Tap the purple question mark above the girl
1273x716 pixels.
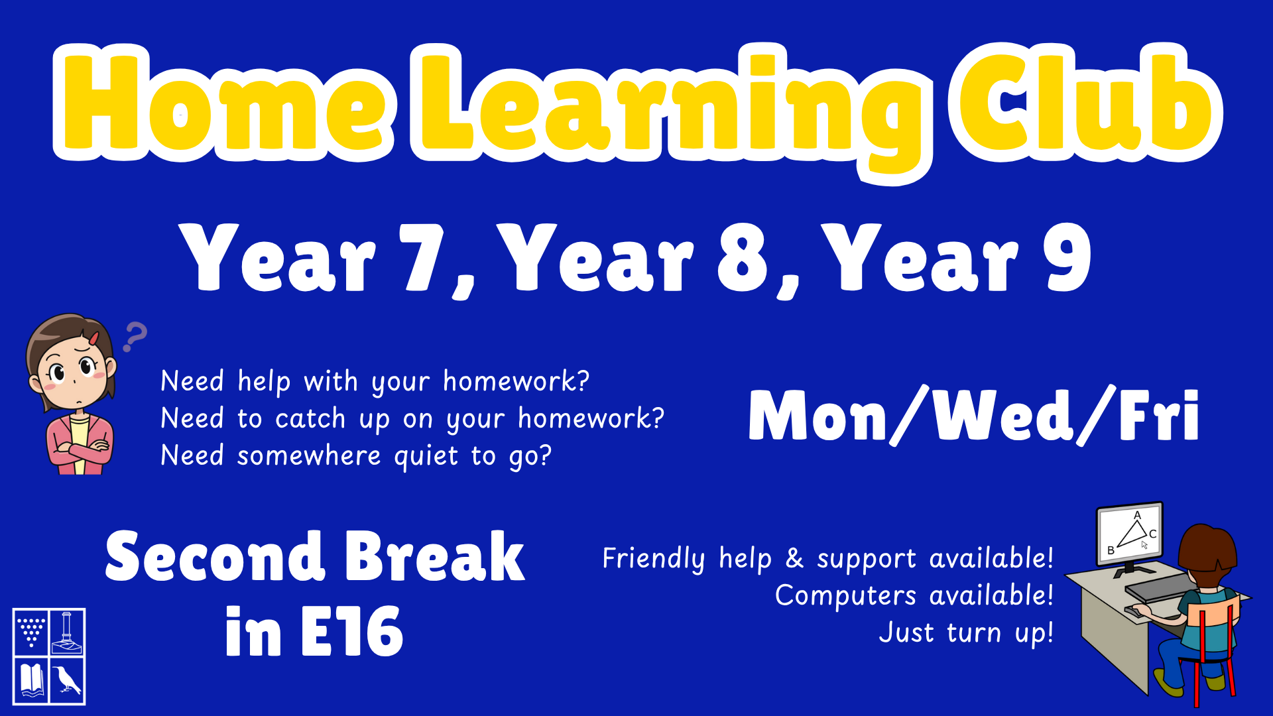[135, 337]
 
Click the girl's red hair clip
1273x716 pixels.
[94, 338]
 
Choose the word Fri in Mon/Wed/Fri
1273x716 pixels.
[1159, 416]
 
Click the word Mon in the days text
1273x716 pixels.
[818, 416]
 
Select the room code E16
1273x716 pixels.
[352, 632]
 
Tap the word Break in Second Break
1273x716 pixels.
[435, 557]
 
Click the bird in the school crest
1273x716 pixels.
[68, 680]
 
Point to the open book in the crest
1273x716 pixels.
[31, 680]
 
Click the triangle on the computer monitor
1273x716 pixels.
[1133, 533]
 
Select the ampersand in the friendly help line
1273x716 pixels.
[794, 558]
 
